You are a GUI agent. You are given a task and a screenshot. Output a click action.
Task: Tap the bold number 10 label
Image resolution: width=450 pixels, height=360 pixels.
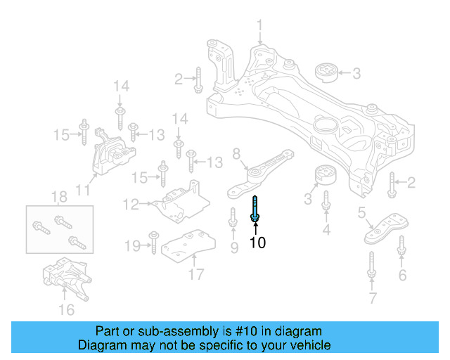257,243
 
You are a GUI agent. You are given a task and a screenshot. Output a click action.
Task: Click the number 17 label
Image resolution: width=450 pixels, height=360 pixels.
196,272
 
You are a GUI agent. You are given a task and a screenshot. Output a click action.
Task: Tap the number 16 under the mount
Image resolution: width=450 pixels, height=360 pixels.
66,309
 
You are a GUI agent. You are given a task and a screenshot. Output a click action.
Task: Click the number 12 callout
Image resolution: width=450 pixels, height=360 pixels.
131,205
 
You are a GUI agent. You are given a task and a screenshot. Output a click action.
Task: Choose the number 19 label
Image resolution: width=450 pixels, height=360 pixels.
131,245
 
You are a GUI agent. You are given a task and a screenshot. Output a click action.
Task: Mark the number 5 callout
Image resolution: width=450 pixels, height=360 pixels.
361,212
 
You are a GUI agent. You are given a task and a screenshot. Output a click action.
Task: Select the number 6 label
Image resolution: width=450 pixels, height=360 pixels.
402,275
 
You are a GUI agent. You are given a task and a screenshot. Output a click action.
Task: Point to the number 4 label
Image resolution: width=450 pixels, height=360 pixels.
326,230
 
